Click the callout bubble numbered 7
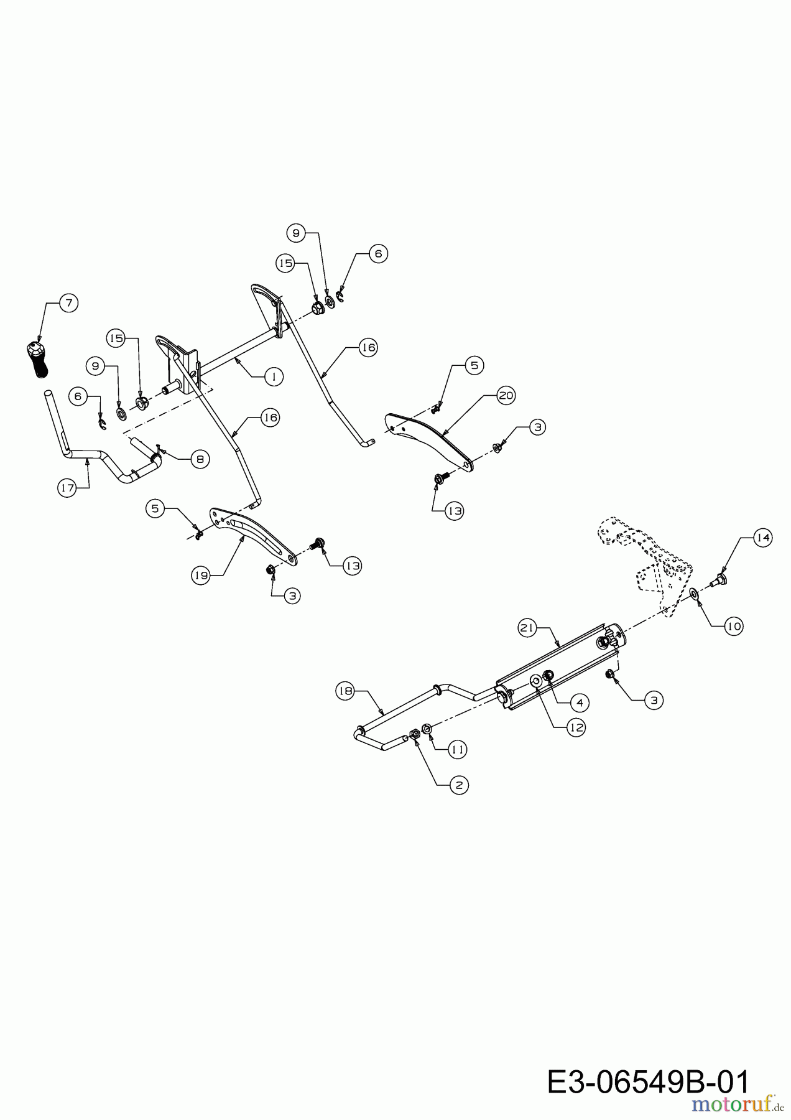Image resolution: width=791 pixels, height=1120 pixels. click(68, 304)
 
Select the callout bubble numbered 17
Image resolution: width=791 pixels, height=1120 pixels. click(67, 488)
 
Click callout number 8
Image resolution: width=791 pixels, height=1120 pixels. click(200, 460)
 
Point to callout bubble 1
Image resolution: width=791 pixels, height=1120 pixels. click(273, 376)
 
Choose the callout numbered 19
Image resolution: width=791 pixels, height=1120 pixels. click(200, 576)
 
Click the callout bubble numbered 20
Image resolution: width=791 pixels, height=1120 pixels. click(506, 395)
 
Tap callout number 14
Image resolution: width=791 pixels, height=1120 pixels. click(763, 538)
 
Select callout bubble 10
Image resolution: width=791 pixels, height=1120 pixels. click(734, 626)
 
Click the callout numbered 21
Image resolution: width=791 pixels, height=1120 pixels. click(527, 628)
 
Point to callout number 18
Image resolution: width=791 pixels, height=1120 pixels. click(346, 690)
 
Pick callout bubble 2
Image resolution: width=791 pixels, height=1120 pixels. click(459, 785)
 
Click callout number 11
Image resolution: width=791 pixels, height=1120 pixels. click(458, 750)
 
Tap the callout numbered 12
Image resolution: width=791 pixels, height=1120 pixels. click(576, 727)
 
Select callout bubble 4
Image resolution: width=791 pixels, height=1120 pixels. click(579, 702)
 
